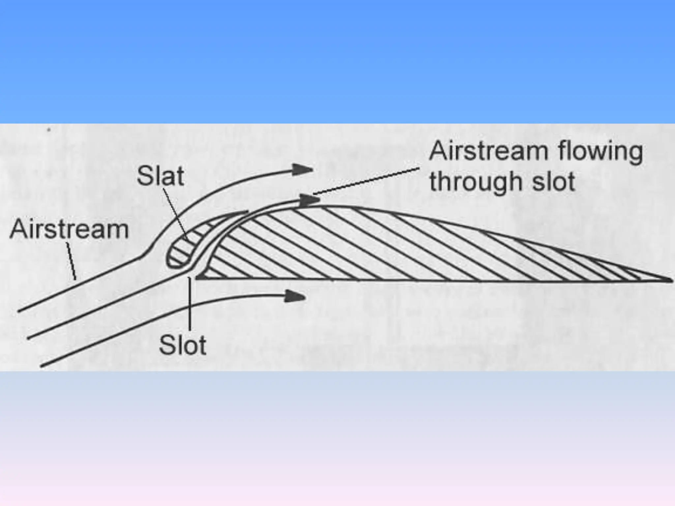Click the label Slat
pyautogui.click(x=160, y=176)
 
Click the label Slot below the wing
pyautogui.click(x=183, y=345)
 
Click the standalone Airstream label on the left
pyautogui.click(x=69, y=230)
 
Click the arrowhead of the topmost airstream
pyautogui.click(x=303, y=169)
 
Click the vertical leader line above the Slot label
pyautogui.click(x=190, y=303)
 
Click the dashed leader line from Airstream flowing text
pyautogui.click(x=366, y=181)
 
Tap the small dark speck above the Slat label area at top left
pyautogui.click(x=49, y=130)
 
